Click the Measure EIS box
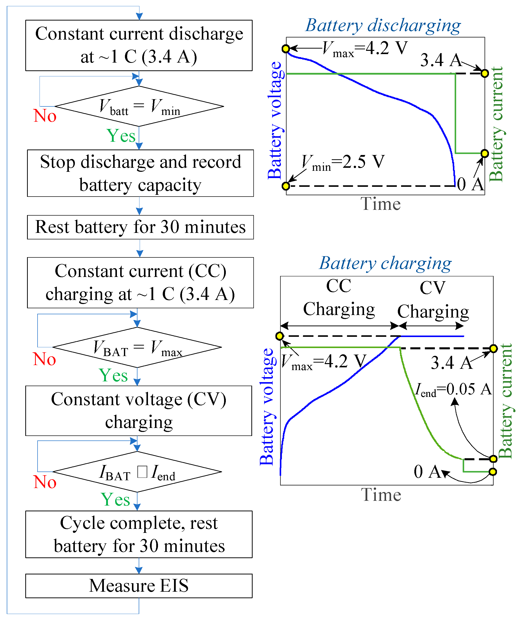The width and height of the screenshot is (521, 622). (139, 586)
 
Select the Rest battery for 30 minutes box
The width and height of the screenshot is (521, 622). (140, 227)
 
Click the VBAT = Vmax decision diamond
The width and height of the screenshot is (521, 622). (137, 347)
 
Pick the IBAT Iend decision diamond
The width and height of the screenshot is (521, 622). (137, 472)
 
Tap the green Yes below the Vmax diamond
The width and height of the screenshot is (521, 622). (113, 375)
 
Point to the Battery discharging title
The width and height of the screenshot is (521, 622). (383, 25)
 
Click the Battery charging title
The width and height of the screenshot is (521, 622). (385, 263)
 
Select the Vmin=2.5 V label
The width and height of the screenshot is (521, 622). (343, 162)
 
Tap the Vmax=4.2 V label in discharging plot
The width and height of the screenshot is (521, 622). (365, 48)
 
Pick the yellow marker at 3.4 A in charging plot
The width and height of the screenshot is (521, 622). (493, 349)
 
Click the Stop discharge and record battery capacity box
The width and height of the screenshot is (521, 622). (140, 173)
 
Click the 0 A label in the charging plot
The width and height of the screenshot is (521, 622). (427, 472)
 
